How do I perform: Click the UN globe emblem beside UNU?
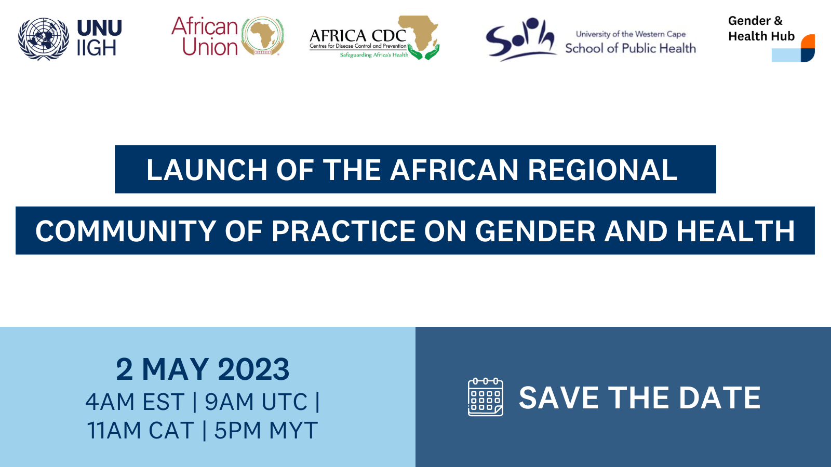point(44,38)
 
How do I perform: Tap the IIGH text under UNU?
point(97,48)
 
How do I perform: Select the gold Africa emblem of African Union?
point(263,36)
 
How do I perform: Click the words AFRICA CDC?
point(358,36)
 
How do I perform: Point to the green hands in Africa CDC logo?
point(423,52)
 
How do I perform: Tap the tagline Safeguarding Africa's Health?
point(374,55)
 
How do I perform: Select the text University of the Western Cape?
point(631,34)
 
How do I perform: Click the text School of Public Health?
point(631,48)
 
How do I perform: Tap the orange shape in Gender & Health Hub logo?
point(809,42)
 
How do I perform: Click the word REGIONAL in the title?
point(602,170)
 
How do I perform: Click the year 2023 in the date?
point(253,369)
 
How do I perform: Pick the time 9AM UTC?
point(257,402)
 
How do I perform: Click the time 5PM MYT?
point(266,430)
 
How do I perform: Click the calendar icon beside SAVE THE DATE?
point(486,397)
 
